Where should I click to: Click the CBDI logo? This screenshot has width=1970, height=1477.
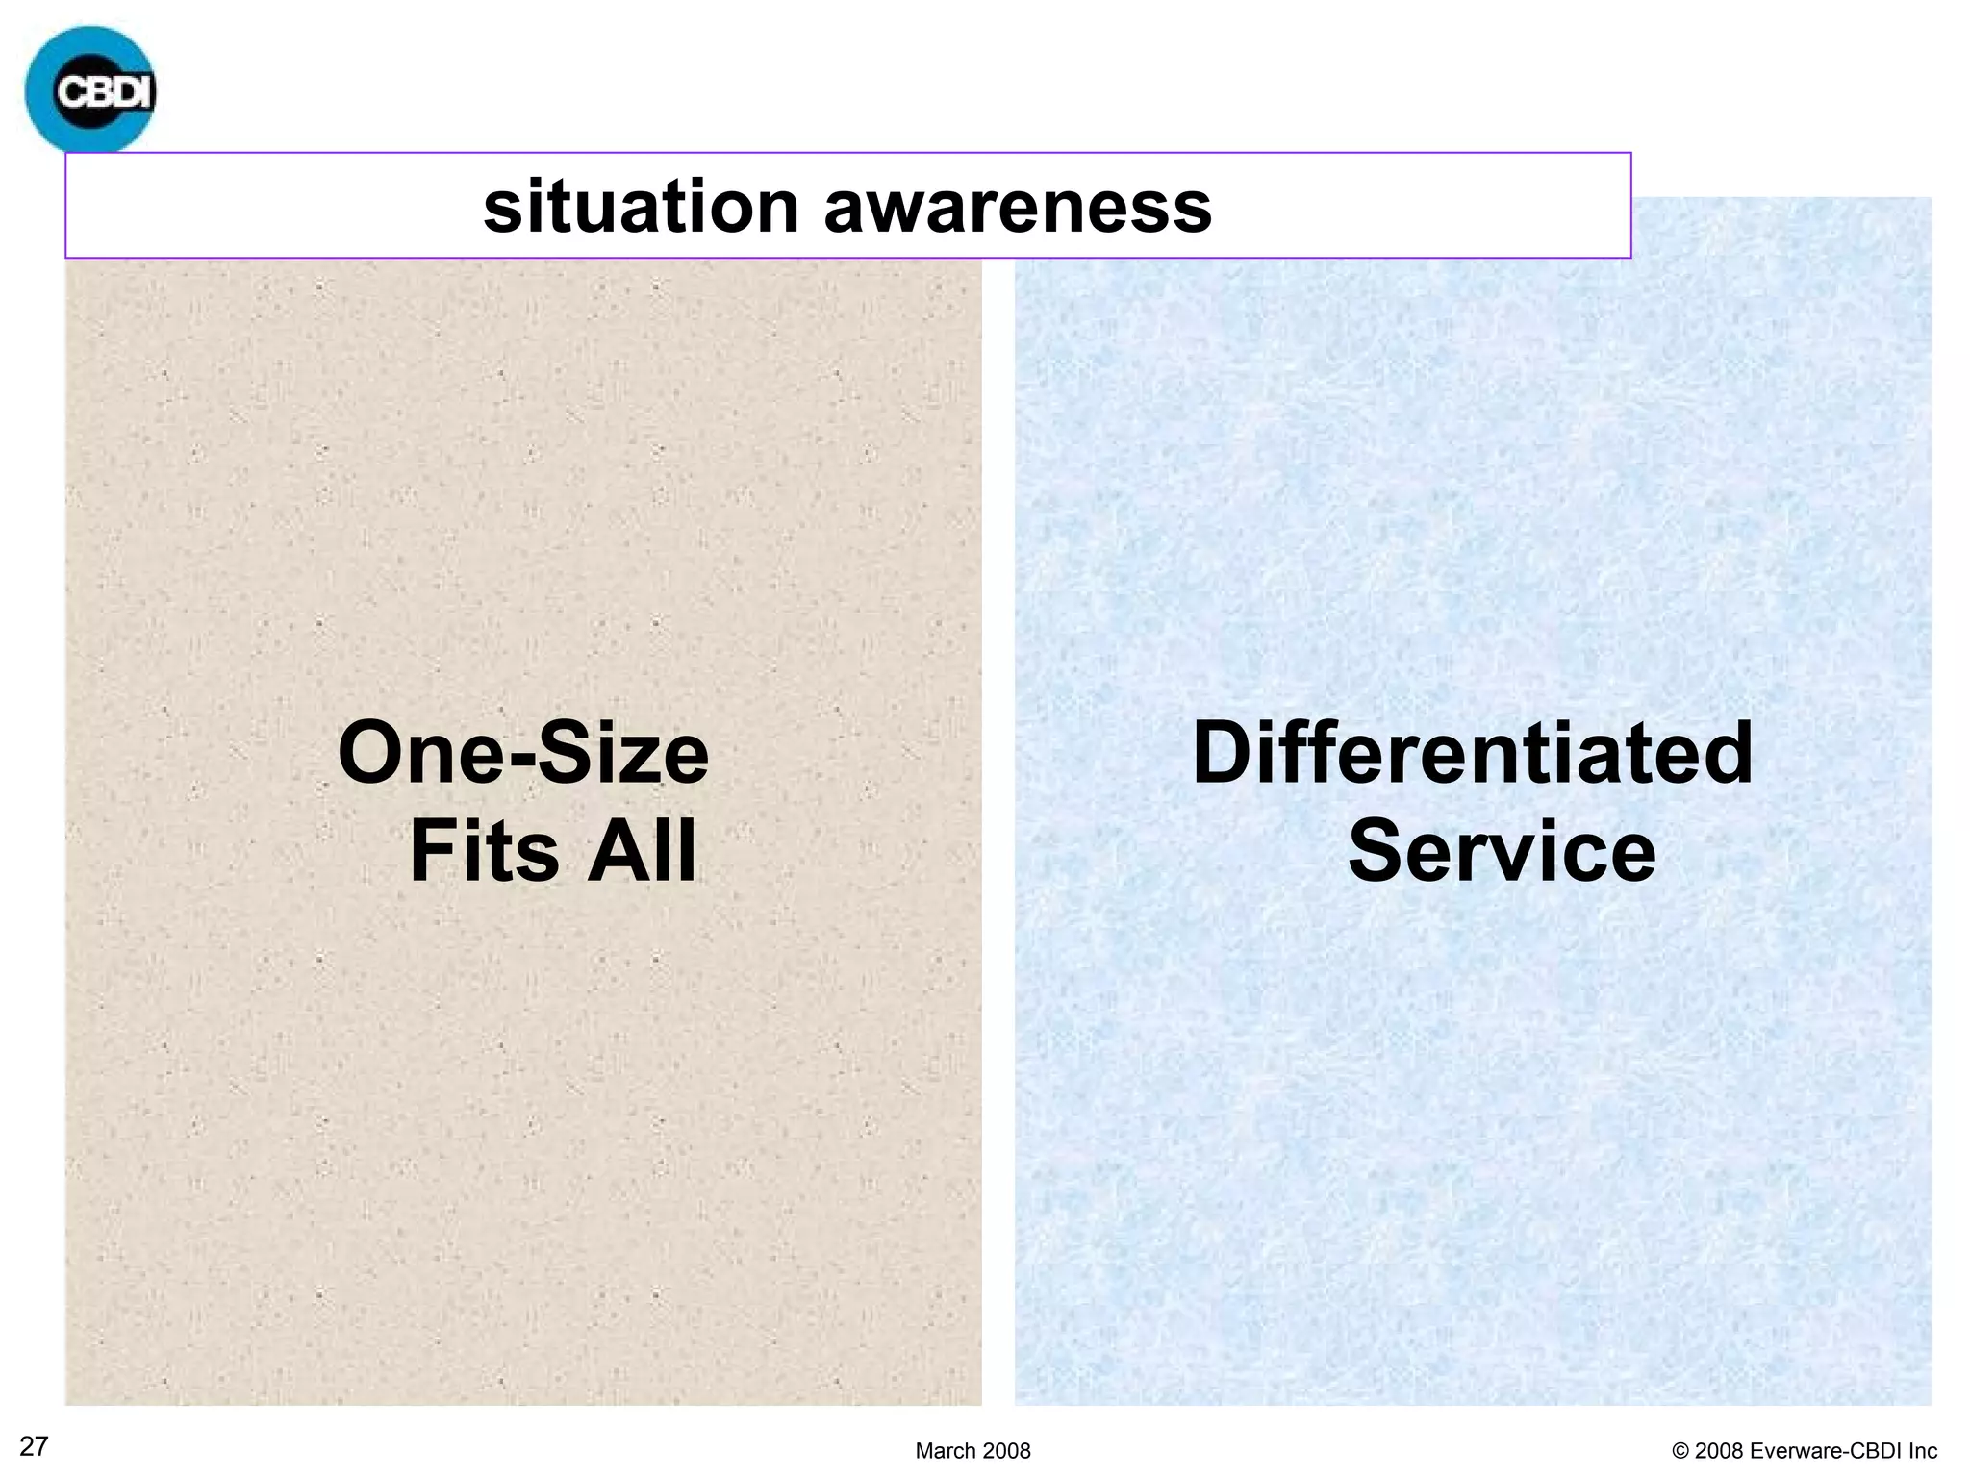(x=90, y=90)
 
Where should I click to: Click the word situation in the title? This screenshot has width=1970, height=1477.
(x=641, y=207)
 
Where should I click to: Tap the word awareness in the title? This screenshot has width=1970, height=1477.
(x=1018, y=207)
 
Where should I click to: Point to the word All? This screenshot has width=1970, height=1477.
(x=642, y=851)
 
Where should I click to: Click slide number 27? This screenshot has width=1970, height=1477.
(x=34, y=1446)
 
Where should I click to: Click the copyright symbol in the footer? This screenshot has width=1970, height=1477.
(x=1680, y=1451)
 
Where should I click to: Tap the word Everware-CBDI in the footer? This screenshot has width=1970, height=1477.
(x=1824, y=1451)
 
